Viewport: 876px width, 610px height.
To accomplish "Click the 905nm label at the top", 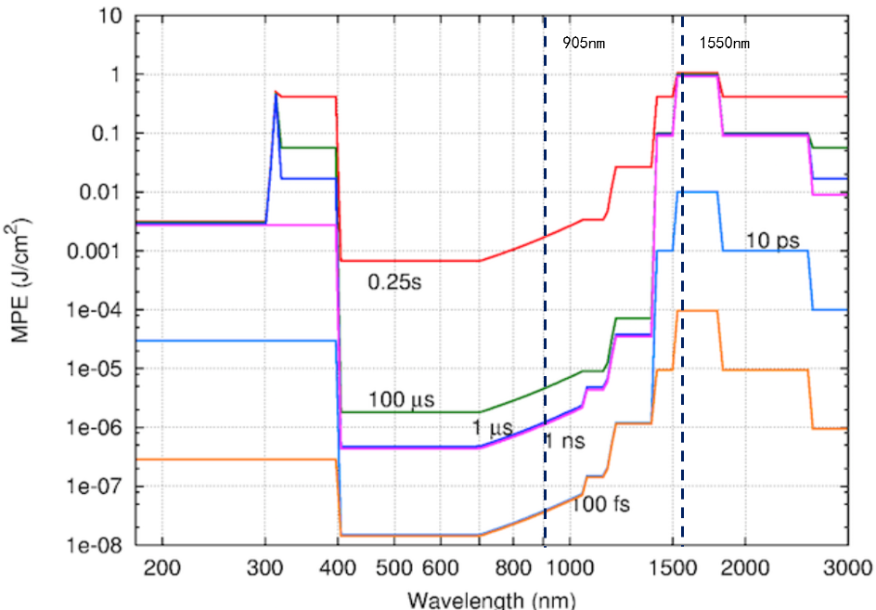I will [584, 43].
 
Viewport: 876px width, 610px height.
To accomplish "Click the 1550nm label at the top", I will [724, 43].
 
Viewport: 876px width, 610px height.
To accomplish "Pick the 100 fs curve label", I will [596, 505].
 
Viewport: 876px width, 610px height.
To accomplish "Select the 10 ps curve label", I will [773, 241].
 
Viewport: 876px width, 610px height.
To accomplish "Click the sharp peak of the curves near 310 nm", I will [276, 92].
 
